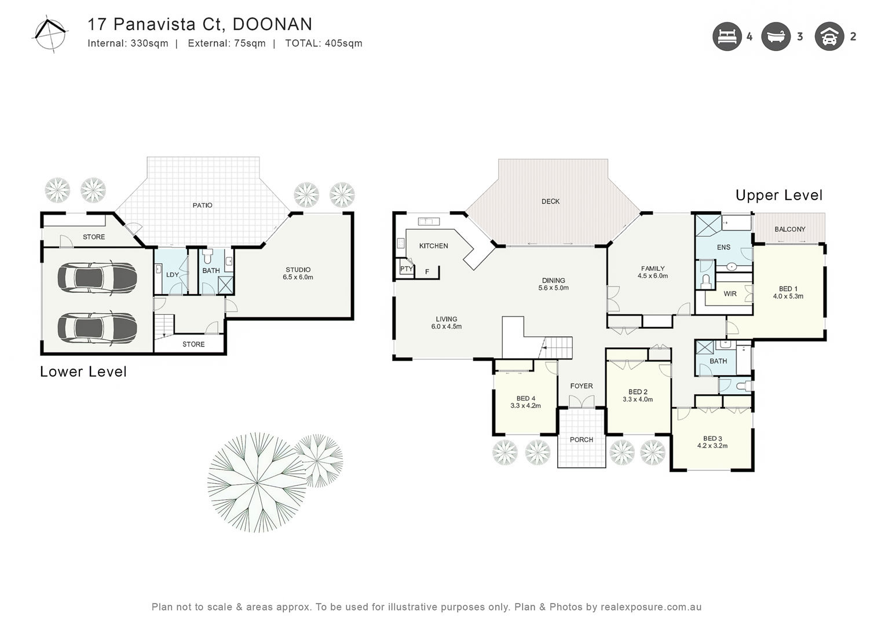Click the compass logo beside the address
50,34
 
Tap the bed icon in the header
727,36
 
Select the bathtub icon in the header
776,36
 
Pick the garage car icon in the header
829,36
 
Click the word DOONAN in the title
273,24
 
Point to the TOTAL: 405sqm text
324,43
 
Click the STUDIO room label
298,270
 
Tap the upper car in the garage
97,277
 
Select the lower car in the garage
97,328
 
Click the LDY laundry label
173,275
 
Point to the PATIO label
202,205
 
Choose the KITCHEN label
433,246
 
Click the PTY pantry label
406,269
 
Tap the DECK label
550,201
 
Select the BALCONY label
790,229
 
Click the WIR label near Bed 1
730,294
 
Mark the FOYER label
581,386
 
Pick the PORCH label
581,439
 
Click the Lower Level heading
83,372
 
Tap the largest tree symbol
257,483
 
